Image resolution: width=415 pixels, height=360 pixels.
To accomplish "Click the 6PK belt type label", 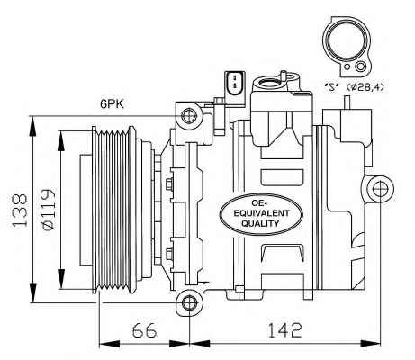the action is point(112,103).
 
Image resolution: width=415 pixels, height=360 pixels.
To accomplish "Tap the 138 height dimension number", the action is point(20,210).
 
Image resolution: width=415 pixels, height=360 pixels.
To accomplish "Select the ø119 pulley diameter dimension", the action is point(48,210).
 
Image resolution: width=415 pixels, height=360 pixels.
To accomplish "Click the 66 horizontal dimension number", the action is point(144,330).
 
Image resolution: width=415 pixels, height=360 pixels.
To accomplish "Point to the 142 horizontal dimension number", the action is point(284,330).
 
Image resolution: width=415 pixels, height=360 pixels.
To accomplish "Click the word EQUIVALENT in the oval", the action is point(261,213).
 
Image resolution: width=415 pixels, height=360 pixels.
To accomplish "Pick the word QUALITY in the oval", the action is point(260,223).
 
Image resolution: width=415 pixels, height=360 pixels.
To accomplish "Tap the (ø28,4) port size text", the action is point(365,87).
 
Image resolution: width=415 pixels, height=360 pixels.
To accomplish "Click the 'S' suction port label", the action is point(331,87).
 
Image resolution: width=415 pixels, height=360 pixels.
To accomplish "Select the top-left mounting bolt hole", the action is point(189,116).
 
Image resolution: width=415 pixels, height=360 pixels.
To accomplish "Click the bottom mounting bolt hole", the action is point(189,302).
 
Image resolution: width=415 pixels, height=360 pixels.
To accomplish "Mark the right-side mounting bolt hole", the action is point(380,189).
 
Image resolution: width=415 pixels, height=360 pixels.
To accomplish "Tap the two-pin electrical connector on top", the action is point(235,85).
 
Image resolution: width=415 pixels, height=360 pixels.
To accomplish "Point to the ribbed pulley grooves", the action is point(112,210).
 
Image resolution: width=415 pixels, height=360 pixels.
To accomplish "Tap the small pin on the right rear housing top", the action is point(347,103).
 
